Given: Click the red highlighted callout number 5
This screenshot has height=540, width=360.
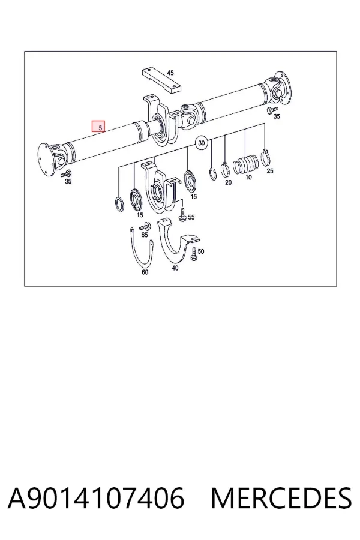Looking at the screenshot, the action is point(98,127).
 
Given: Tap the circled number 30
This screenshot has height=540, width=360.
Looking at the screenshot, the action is point(202,143).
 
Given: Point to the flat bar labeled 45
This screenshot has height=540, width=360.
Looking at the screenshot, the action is point(161,80).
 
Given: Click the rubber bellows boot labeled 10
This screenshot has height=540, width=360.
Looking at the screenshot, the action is point(245,164).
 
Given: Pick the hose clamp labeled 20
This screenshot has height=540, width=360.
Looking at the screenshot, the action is point(225,169).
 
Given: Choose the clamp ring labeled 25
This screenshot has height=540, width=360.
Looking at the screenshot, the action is point(265,157).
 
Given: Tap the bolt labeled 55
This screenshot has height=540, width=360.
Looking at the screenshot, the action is point(182,215).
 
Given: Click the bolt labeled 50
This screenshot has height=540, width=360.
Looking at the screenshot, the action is point(194,254).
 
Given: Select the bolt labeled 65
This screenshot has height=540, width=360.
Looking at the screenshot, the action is point(145,227).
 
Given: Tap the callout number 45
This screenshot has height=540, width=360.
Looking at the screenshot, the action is point(170,73).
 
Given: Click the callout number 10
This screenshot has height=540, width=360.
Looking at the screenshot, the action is point(248,178).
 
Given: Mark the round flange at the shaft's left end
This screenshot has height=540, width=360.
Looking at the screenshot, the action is point(46,160).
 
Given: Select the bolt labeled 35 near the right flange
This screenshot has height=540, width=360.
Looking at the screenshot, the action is point(272,110).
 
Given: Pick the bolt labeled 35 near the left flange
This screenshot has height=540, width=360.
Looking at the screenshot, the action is point(65,173).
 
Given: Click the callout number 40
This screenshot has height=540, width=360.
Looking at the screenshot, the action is point(175,268).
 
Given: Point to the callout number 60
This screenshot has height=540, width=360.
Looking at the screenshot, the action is point(145,272).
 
